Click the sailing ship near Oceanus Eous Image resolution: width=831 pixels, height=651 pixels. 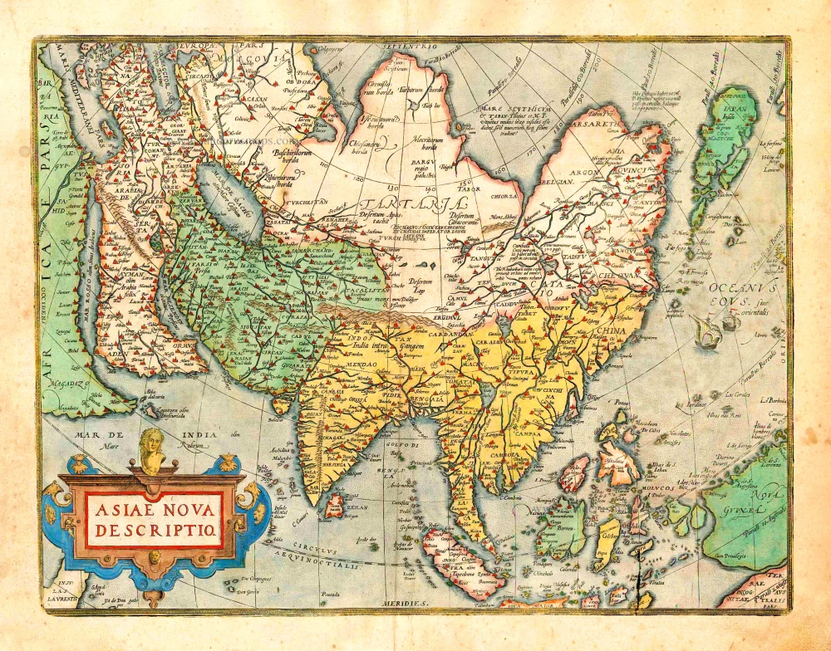705,332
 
